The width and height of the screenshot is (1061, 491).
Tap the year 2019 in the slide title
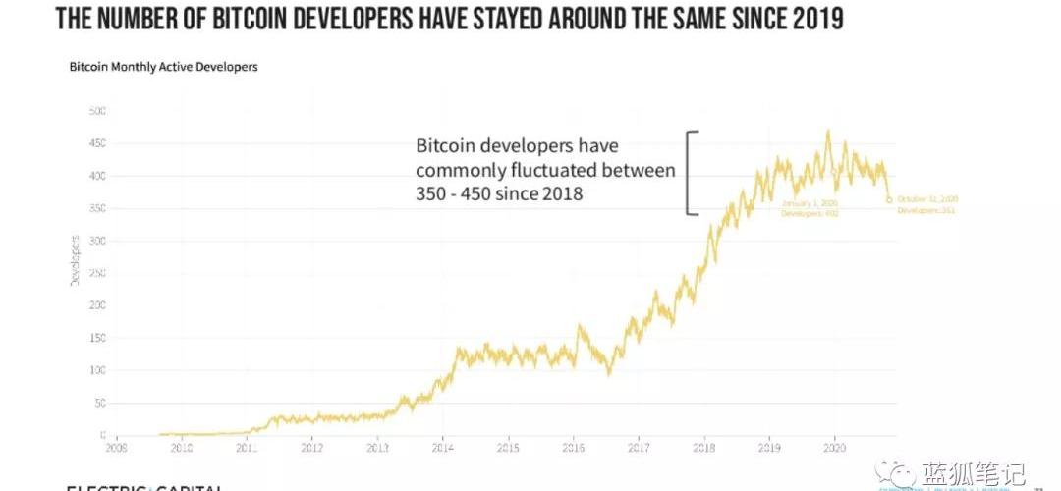pyautogui.click(x=810, y=18)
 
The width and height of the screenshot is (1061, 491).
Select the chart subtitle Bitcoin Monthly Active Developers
pyautogui.click(x=163, y=68)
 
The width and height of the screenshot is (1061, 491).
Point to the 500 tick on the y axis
pyautogui.click(x=96, y=111)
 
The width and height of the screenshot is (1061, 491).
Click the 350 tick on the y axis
pyautogui.click(x=96, y=208)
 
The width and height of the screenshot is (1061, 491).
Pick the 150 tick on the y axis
pyautogui.click(x=96, y=338)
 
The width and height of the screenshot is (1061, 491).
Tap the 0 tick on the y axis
pyautogui.click(x=102, y=435)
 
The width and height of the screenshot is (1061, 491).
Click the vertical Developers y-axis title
pyautogui.click(x=75, y=260)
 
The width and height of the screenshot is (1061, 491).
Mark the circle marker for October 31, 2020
pyautogui.click(x=889, y=200)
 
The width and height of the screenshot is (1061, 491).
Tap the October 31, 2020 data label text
pyautogui.click(x=925, y=204)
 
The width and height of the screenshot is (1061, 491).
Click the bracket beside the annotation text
pyautogui.click(x=692, y=172)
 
